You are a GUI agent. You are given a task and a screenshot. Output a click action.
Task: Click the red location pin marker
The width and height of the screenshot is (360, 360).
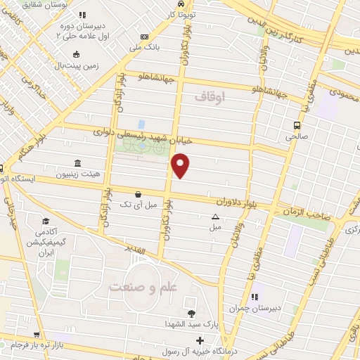tap(181, 166)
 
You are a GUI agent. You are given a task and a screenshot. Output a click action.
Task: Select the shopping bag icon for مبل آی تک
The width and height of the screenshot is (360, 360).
tap(139, 193)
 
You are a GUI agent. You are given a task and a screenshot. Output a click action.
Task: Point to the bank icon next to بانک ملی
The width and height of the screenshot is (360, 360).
tap(145, 37)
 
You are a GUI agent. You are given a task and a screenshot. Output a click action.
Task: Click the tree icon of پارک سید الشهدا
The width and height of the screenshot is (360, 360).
tap(192, 313)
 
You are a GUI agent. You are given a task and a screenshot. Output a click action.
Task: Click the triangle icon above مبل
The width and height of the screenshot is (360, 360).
tap(215, 217)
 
